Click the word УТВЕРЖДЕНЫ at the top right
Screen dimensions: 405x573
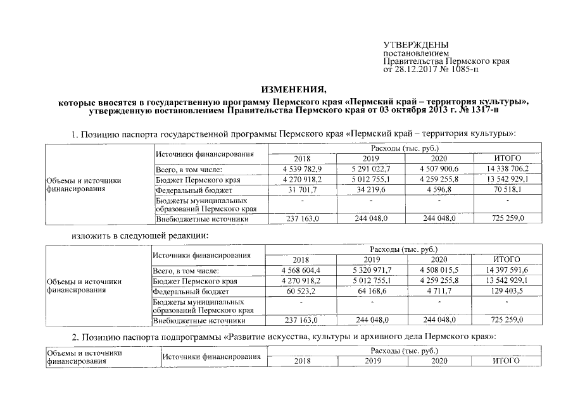(416, 45)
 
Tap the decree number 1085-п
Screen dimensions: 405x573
(464, 69)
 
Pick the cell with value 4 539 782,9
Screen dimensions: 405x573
(303, 170)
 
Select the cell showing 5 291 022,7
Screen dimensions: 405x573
(370, 170)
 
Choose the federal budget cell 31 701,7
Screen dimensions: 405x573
(303, 190)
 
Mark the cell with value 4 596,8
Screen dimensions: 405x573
(439, 190)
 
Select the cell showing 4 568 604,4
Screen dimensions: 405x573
(301, 270)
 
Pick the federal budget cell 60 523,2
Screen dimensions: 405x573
(301, 291)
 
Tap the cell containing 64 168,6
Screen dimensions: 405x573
(370, 291)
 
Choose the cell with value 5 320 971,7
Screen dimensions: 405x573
(370, 270)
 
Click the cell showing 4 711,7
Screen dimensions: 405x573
(439, 291)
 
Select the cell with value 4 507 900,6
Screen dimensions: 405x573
(439, 170)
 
